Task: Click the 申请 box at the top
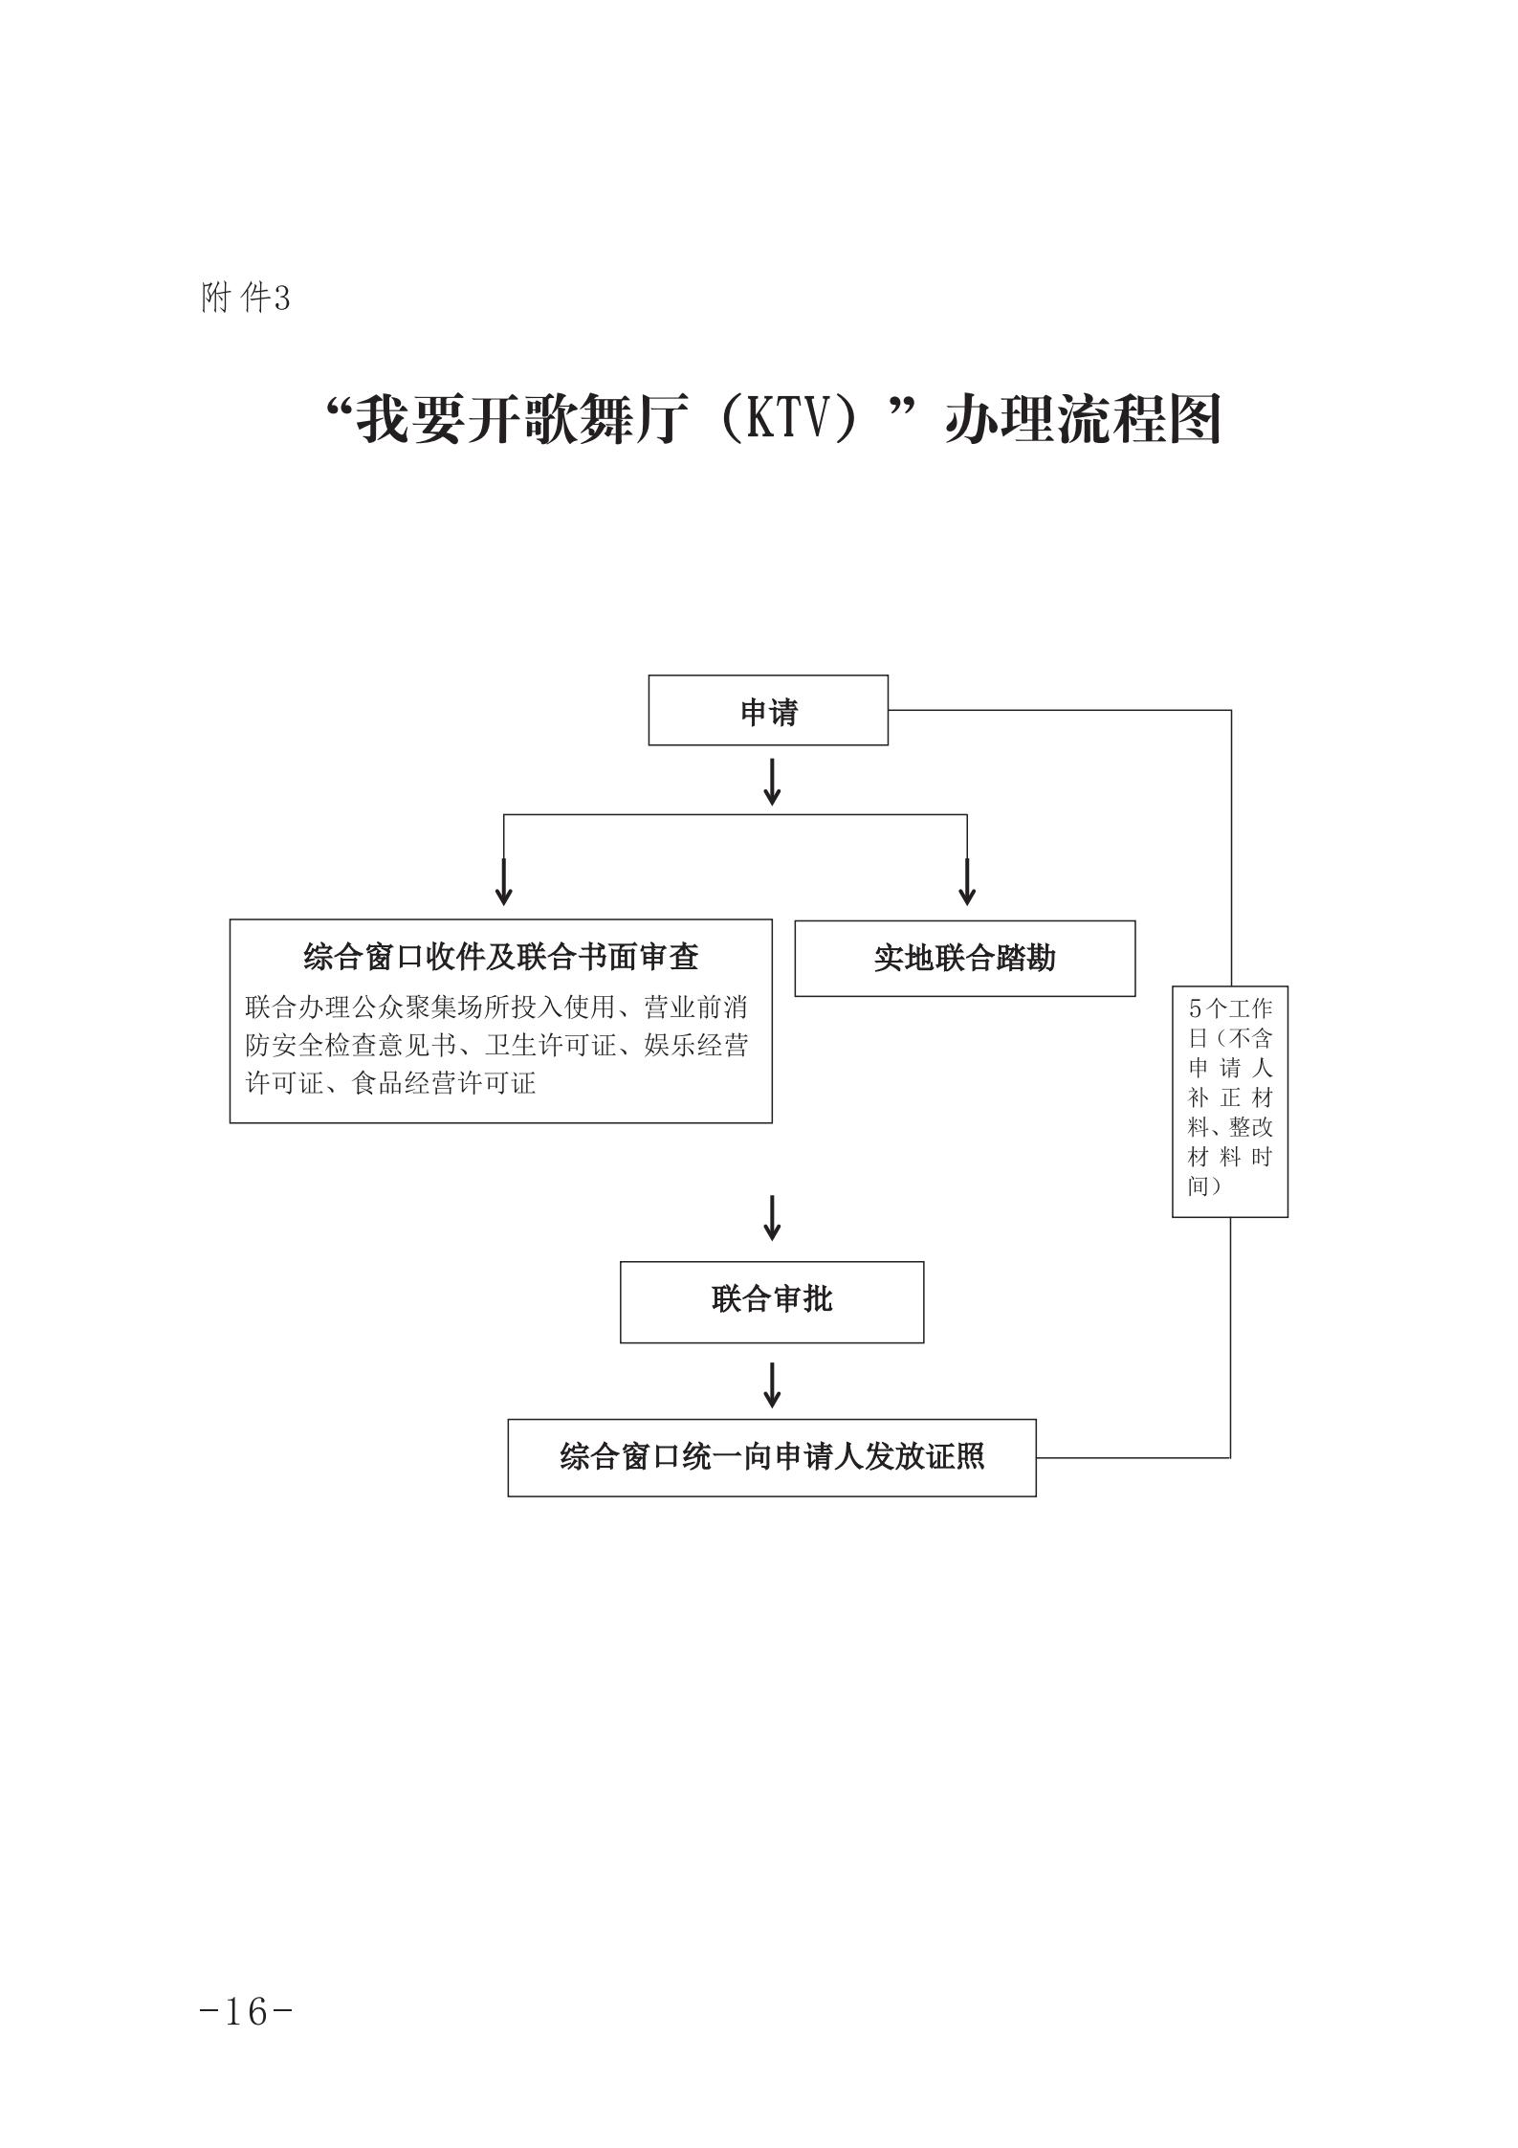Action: click(x=767, y=711)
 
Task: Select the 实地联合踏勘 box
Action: click(x=964, y=959)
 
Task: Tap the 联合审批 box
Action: click(x=771, y=1301)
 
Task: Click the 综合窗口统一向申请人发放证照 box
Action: click(x=771, y=1457)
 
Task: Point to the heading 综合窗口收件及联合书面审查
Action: click(x=500, y=957)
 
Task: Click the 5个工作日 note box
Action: click(x=1229, y=1100)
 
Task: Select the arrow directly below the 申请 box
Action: click(x=772, y=781)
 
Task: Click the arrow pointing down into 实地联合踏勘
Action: click(x=967, y=881)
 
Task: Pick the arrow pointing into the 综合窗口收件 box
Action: click(x=504, y=881)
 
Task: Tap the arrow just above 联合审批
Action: click(x=772, y=1217)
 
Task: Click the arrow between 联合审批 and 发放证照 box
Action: click(x=772, y=1384)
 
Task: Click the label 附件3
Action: click(x=245, y=299)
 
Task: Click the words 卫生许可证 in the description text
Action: click(x=551, y=1046)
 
